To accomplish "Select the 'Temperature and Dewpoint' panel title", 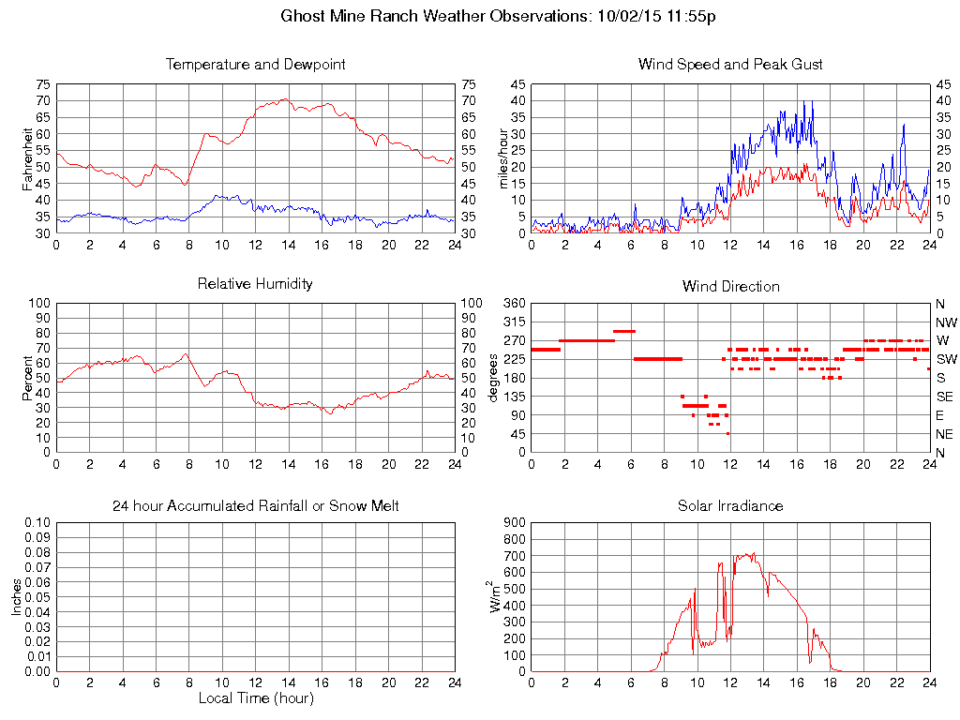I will click(255, 65).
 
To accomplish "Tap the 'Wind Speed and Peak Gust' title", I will click(730, 65).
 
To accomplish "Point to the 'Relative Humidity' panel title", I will click(255, 283).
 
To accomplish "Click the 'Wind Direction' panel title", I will click(730, 286).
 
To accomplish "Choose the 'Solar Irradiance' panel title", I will click(730, 506).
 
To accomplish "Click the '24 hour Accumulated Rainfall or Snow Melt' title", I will click(255, 506).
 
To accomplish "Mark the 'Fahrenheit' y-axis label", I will click(28, 158).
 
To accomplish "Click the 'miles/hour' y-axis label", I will click(503, 158).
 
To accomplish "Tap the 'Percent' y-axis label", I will click(28, 378).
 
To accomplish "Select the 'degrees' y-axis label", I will click(494, 378).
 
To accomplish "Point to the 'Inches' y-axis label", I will click(17, 597).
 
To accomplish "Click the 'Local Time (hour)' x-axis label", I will click(255, 698).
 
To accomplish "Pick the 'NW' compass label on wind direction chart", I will click(946, 322).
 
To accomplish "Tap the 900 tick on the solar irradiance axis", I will click(515, 523).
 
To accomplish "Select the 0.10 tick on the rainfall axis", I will click(37, 523).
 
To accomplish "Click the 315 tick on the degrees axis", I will click(515, 322).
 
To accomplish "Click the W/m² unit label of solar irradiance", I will click(497, 597).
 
